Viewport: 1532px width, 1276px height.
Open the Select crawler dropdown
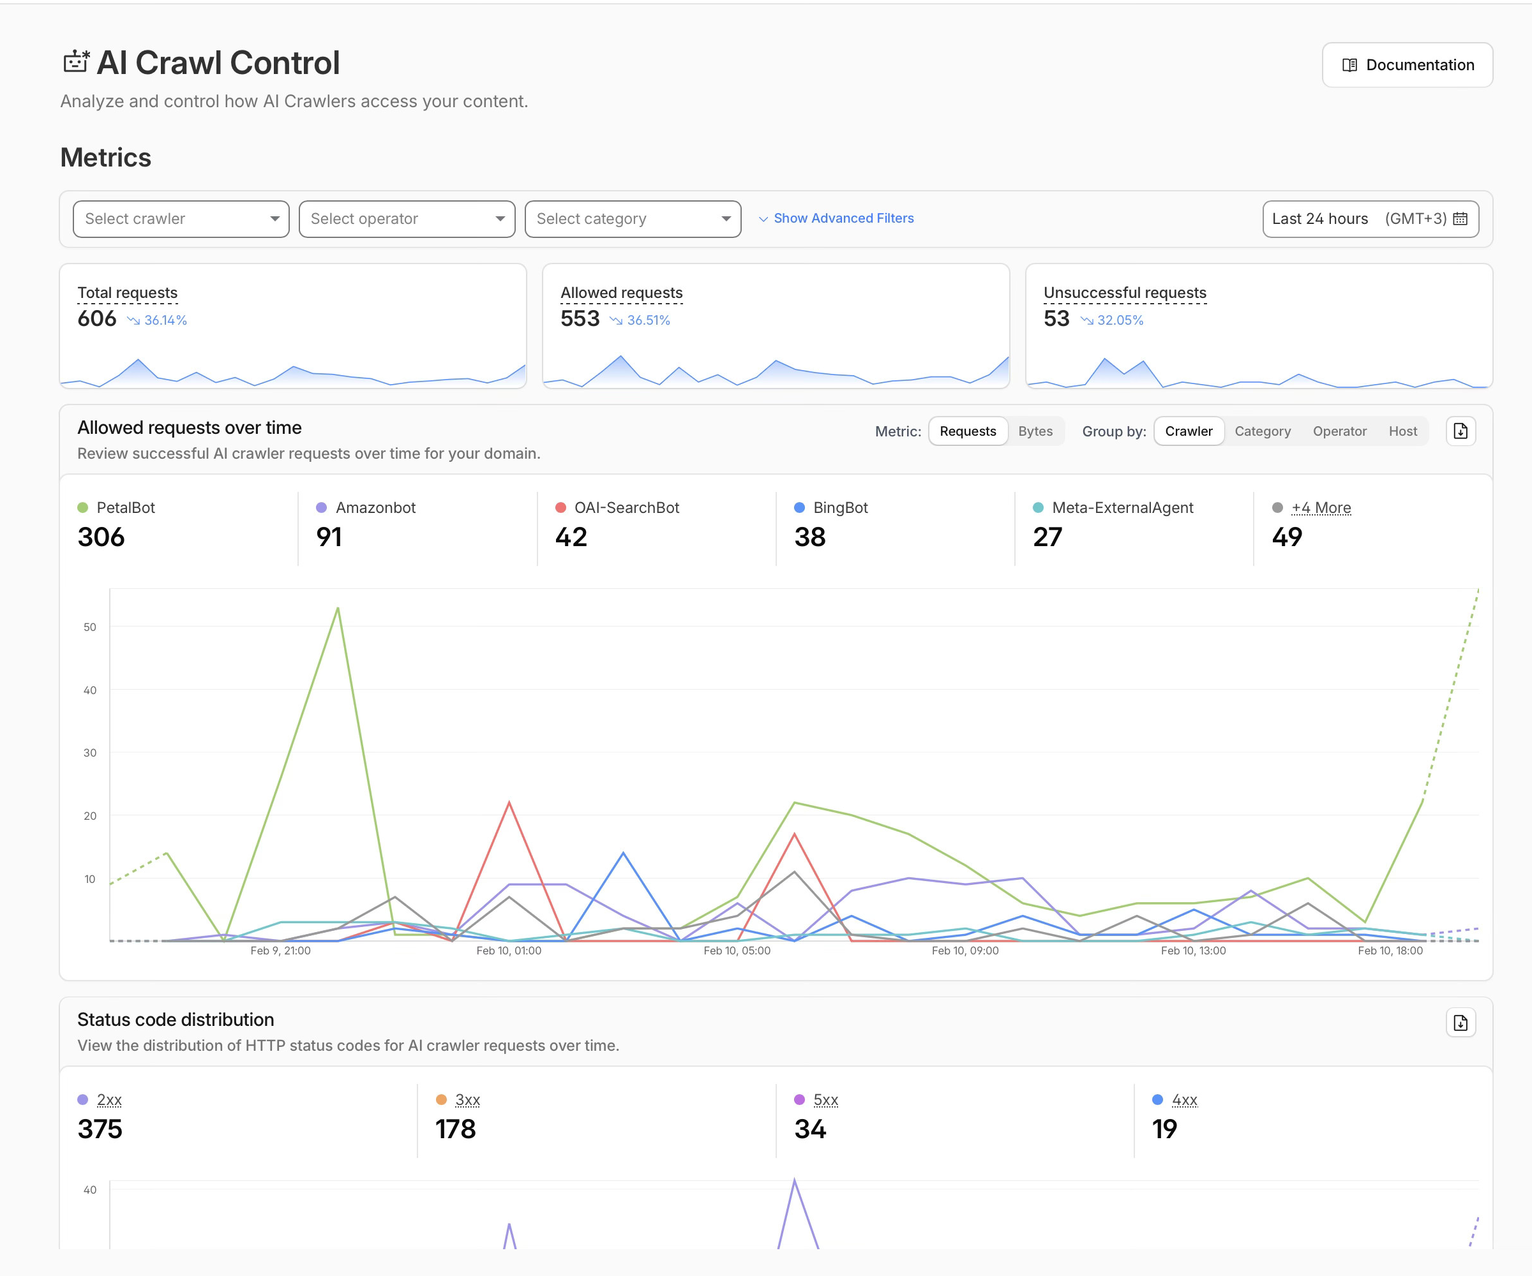181,219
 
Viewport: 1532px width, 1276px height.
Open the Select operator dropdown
407,219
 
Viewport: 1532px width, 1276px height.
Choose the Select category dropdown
633,219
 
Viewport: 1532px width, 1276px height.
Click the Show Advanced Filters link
843,218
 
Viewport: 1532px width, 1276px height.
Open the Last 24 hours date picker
1369,219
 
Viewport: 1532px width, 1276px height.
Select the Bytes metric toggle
1035,431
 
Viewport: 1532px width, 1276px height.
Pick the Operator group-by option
1339,431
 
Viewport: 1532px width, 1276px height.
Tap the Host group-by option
1402,431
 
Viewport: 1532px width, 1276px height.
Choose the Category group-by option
1262,431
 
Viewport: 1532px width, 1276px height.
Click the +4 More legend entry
1321,507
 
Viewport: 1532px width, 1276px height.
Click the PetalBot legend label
126,507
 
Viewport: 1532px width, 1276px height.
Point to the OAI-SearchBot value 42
571,537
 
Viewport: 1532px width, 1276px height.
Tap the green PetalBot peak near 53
338,608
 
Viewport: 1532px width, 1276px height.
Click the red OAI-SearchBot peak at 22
509,803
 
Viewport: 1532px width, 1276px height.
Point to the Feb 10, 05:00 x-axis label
736,951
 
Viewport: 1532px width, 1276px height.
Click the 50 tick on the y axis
90,627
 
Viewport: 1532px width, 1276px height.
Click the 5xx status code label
825,1099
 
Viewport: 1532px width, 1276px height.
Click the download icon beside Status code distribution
1460,1023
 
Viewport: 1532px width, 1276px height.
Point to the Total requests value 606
97,318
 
